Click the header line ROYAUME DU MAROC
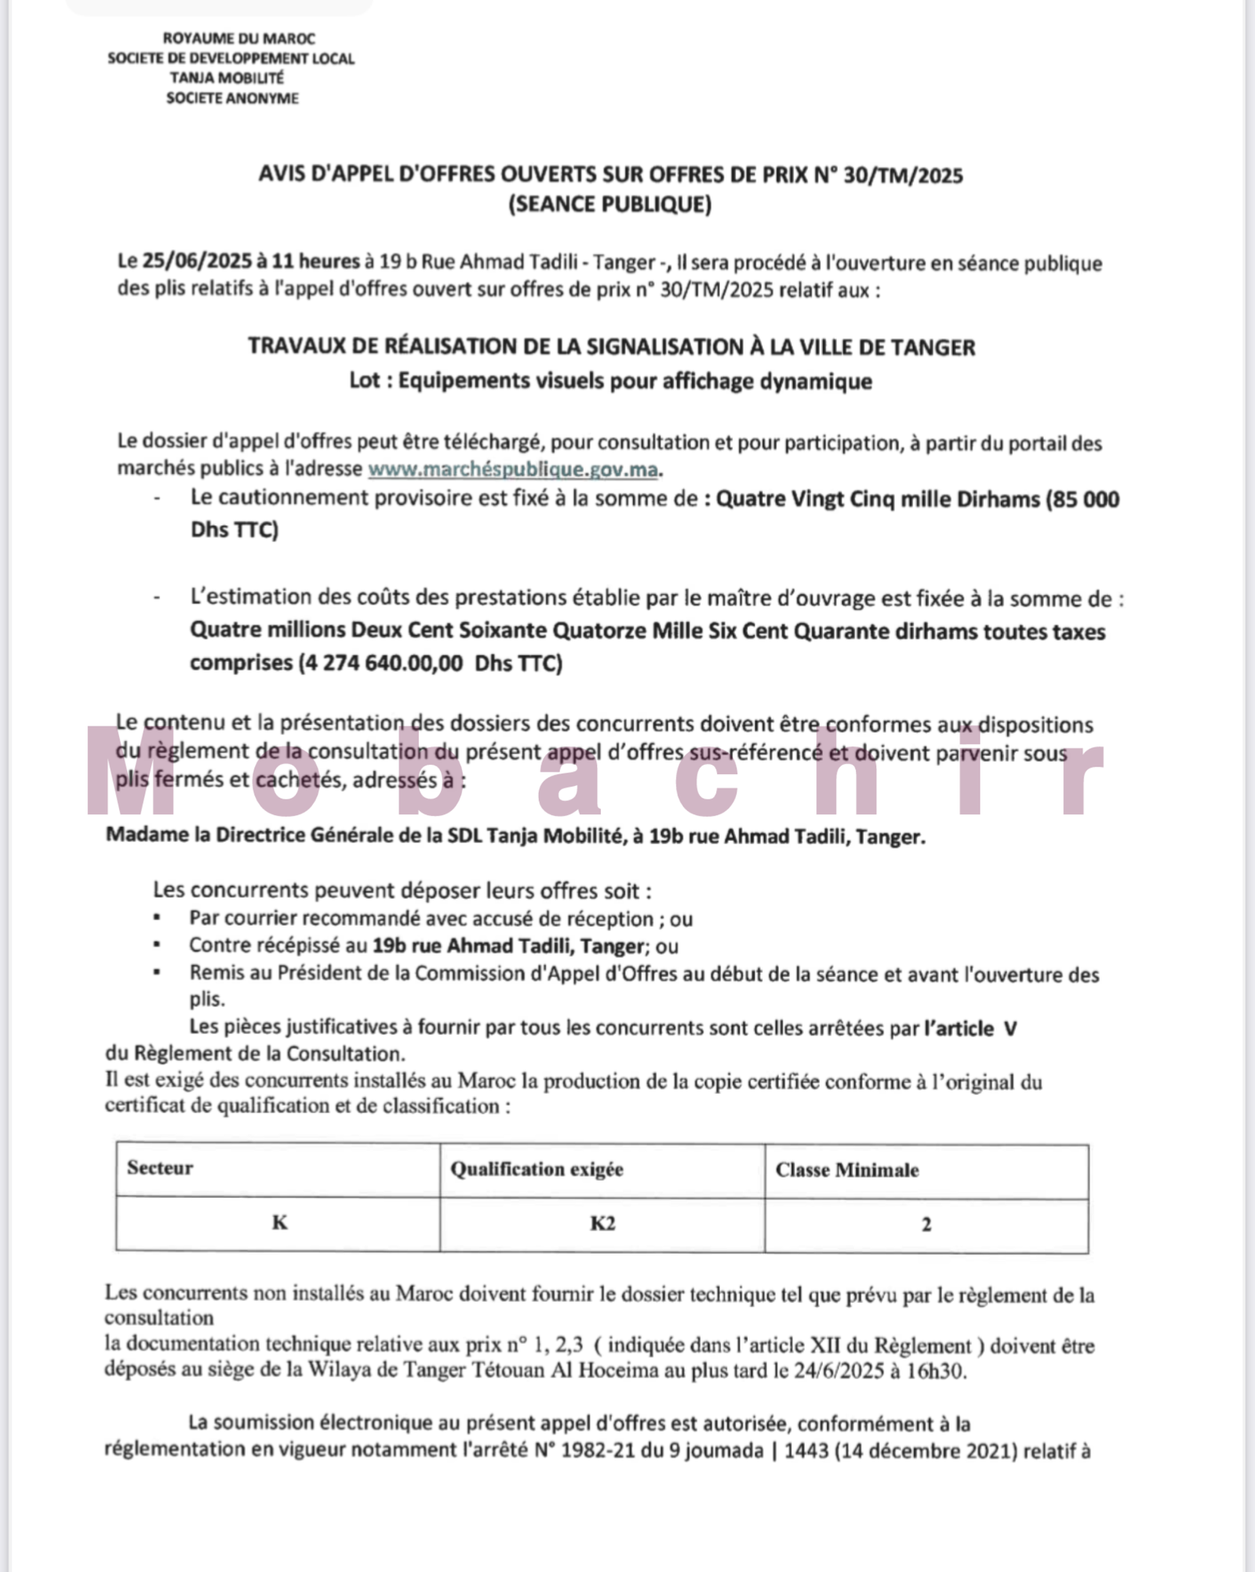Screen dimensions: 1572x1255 [238, 38]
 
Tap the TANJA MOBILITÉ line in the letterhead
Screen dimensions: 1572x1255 [227, 78]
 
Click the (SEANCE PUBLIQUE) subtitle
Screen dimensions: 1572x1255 [610, 204]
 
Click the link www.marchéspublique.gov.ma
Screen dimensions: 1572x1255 [513, 470]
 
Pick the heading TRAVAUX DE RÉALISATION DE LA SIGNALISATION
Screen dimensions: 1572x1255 [611, 347]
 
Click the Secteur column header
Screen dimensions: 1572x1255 [160, 1168]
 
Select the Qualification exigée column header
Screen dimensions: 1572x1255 [537, 1170]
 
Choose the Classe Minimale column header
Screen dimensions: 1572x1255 [847, 1170]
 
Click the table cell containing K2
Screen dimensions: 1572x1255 [602, 1224]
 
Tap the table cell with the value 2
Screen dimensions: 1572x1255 [926, 1225]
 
